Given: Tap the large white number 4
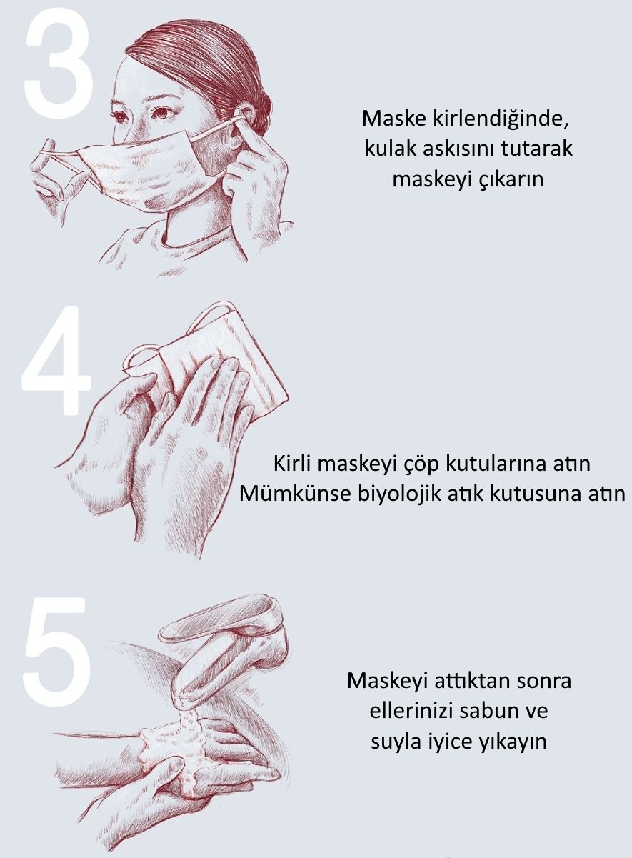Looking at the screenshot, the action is click(57, 360).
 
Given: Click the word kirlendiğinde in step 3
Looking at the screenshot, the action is click(501, 119).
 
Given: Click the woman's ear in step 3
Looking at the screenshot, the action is click(244, 119).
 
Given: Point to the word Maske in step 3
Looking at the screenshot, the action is click(394, 119).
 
